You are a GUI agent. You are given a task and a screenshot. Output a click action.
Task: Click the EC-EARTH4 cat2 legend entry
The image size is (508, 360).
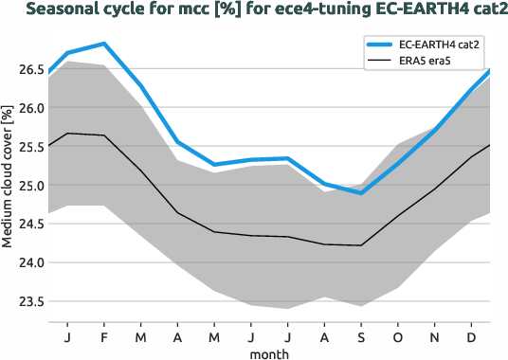tap(438, 45)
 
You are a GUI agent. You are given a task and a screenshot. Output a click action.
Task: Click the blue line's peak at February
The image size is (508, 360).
tap(103, 44)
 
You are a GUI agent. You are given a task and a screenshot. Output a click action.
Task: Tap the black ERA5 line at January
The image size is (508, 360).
tap(67, 134)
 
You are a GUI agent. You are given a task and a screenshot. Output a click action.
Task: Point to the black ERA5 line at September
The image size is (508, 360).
tap(361, 245)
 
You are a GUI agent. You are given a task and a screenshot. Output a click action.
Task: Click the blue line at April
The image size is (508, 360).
tap(177, 142)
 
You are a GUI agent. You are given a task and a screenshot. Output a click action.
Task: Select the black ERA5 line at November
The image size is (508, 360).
tap(435, 189)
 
